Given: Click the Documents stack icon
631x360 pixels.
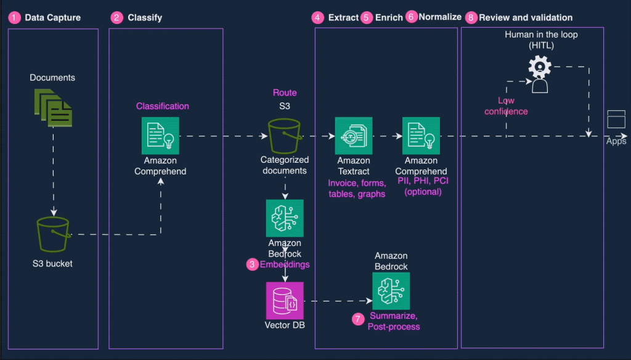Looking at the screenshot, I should [x=52, y=105].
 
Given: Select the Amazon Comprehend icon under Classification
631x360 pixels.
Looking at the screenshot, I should [x=160, y=136].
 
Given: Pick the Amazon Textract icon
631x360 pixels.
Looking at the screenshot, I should [x=354, y=136].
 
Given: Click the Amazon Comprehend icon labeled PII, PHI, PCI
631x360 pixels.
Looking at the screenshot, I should [x=421, y=136].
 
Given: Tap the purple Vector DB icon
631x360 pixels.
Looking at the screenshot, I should [x=284, y=301].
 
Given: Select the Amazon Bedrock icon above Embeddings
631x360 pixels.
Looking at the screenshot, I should [x=285, y=218].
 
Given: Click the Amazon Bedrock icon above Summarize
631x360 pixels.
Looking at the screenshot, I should [x=391, y=291].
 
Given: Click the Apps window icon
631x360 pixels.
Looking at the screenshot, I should [x=616, y=119].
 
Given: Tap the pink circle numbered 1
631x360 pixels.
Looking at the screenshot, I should [x=14, y=18].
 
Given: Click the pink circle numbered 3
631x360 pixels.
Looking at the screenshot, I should [x=252, y=264].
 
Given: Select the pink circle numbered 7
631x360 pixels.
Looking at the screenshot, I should [x=358, y=319].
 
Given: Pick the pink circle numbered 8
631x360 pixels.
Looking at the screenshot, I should [x=471, y=18].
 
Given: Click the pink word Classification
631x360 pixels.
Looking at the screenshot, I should [x=163, y=106].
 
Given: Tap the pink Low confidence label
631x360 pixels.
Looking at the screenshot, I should [x=506, y=105].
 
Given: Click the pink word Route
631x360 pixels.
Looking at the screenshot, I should [x=285, y=92].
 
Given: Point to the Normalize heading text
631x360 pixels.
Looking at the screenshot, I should [x=440, y=17].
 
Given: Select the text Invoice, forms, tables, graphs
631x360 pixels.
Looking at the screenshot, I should [x=357, y=189].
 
